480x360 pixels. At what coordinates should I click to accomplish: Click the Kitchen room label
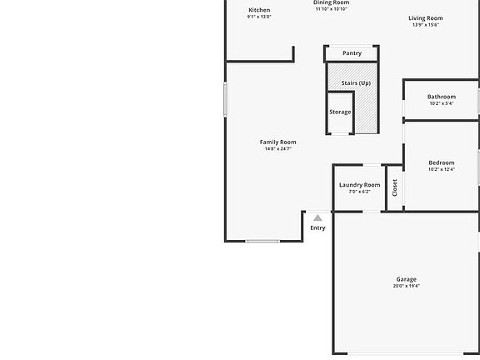(x=259, y=10)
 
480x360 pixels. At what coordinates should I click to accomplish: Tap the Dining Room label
(x=331, y=2)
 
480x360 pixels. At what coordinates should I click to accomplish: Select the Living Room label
(x=425, y=17)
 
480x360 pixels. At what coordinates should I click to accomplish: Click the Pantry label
(x=352, y=53)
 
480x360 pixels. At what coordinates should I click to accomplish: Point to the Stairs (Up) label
(x=356, y=83)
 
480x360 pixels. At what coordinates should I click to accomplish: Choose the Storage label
(x=340, y=112)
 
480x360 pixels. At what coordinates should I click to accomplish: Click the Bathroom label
(x=442, y=97)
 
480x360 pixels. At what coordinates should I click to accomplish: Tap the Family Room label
(x=277, y=142)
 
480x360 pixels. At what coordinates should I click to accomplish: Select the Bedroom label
(x=442, y=162)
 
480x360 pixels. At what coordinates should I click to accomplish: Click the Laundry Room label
(x=359, y=184)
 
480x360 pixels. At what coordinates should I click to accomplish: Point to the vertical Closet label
(x=395, y=187)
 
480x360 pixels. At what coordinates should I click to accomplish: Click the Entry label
(x=317, y=227)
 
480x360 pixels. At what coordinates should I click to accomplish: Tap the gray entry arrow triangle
(x=317, y=218)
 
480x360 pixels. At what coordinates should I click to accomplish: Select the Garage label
(x=406, y=279)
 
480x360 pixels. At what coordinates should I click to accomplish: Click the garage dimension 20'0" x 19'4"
(x=406, y=286)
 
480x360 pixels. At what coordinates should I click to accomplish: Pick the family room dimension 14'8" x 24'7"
(x=277, y=149)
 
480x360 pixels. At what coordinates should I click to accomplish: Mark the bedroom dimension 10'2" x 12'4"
(x=442, y=170)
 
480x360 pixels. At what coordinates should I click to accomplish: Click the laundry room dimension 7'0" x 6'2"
(x=359, y=192)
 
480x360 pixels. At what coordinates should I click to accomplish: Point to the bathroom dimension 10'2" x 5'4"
(x=442, y=104)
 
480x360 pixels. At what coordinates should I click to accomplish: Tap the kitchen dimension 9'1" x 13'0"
(x=259, y=17)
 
